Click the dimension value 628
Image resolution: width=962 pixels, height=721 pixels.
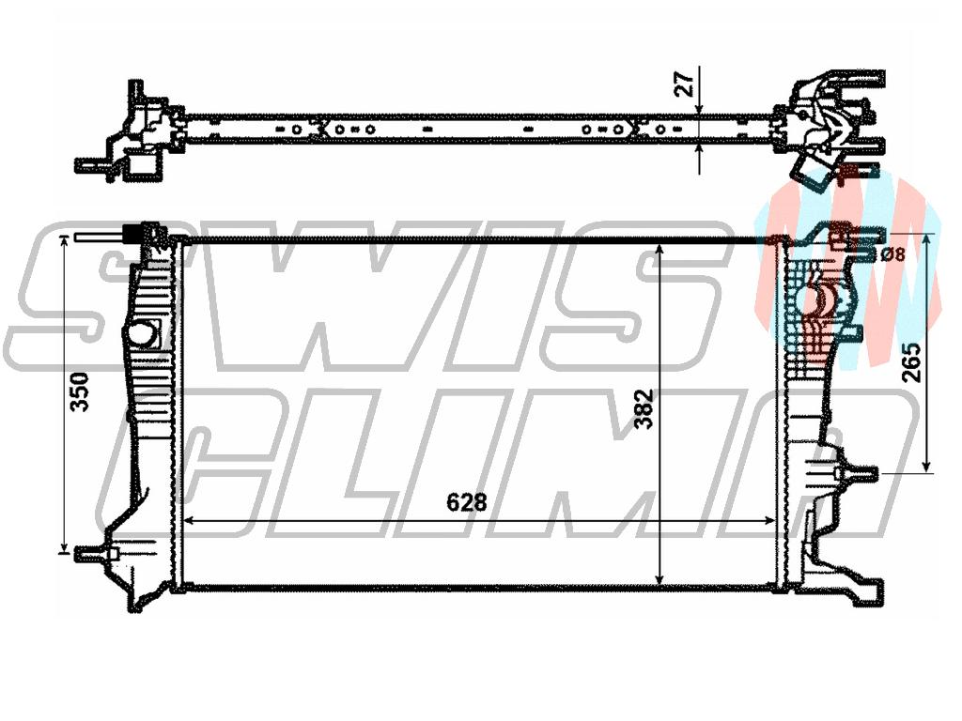[x=466, y=502]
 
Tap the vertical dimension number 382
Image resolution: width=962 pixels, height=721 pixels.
[x=644, y=409]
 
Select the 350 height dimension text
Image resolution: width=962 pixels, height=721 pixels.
[x=79, y=391]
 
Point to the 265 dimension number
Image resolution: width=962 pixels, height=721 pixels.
[x=913, y=362]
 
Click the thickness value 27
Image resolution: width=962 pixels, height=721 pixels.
[x=684, y=84]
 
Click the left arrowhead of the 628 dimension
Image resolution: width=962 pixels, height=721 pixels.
[x=190, y=520]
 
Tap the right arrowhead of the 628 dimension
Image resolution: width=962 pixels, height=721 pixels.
[x=769, y=520]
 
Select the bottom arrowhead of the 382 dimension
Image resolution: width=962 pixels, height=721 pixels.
[x=659, y=578]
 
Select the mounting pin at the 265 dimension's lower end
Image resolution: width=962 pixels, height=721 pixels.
[x=859, y=473]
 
